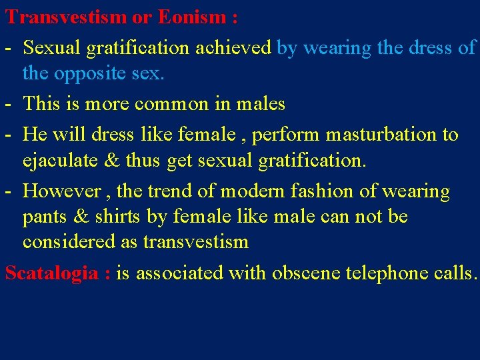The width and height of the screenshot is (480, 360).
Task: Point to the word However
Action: point(63,191)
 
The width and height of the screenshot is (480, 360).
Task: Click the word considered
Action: point(69,242)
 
